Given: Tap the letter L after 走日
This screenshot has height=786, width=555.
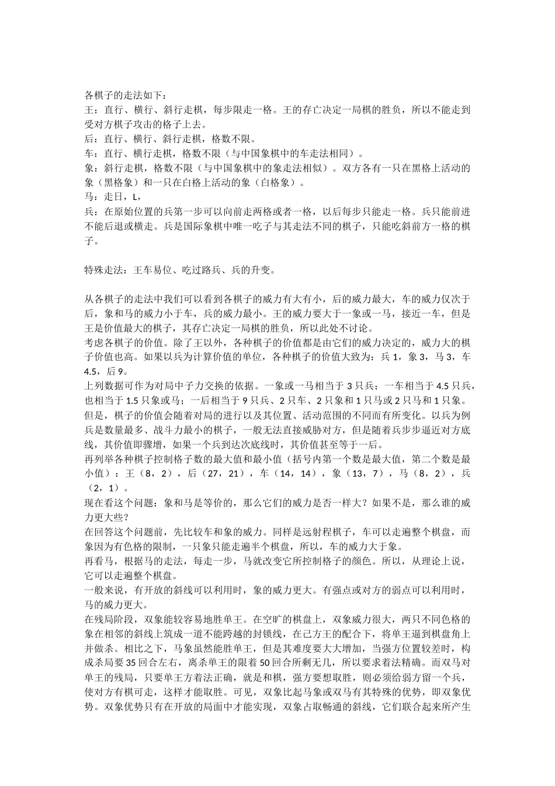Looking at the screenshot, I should tap(136, 196).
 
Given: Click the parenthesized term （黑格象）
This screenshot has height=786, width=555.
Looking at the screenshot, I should tap(109, 182).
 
